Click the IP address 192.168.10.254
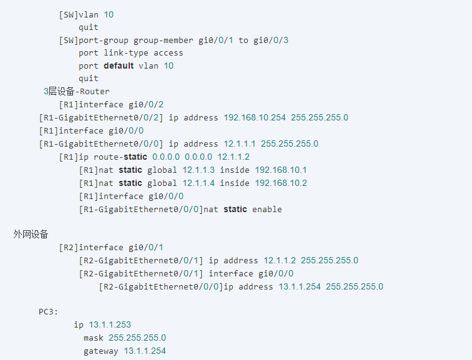(255, 117)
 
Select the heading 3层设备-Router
(77, 92)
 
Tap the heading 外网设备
(31, 234)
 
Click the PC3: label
(49, 311)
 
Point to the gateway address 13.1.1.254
(145, 351)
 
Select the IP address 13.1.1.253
(110, 324)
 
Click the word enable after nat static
(267, 209)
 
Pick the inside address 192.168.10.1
(281, 170)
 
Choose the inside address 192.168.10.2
(281, 183)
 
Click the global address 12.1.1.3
(199, 170)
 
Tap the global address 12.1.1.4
(199, 183)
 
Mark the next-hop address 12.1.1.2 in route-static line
(234, 157)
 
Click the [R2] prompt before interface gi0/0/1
(69, 248)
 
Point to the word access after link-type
(168, 53)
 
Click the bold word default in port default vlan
(119, 66)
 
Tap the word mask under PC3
(93, 338)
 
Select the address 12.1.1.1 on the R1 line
(240, 144)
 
